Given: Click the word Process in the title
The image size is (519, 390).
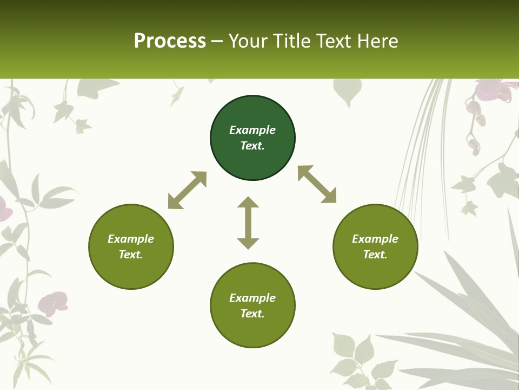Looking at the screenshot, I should [170, 41].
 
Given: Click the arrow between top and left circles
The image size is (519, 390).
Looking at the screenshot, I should [187, 190].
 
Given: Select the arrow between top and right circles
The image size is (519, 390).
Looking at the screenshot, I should [317, 185].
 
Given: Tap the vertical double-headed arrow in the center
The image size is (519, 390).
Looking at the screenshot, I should [248, 223].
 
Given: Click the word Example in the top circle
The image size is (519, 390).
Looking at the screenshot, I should [252, 130].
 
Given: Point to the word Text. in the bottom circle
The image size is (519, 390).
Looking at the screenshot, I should [252, 314].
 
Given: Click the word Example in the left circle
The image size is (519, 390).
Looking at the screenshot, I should [131, 239].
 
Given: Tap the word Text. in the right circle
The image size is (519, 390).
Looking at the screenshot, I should [375, 255].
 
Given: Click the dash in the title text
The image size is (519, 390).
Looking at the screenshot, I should [217, 41].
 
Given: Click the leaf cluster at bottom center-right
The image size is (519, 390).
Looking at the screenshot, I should [354, 357].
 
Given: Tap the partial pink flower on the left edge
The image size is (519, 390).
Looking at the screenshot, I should [4, 209].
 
